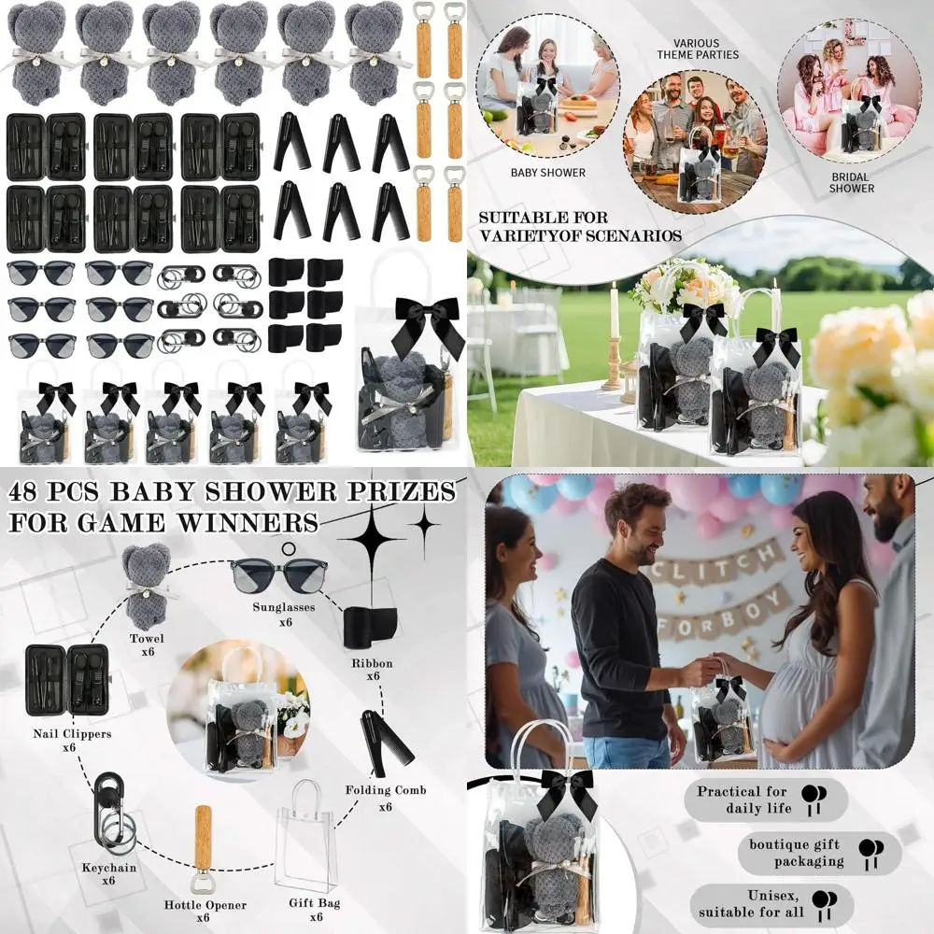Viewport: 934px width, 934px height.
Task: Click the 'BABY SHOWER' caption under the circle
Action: [548, 173]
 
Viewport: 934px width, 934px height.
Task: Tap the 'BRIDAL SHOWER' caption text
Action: [851, 182]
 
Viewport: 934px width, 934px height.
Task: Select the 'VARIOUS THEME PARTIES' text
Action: [696, 49]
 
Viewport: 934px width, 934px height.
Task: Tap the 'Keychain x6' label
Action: [108, 873]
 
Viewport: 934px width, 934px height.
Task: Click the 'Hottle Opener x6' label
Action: [205, 911]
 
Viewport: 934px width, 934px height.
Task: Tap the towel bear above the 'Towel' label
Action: [147, 584]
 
